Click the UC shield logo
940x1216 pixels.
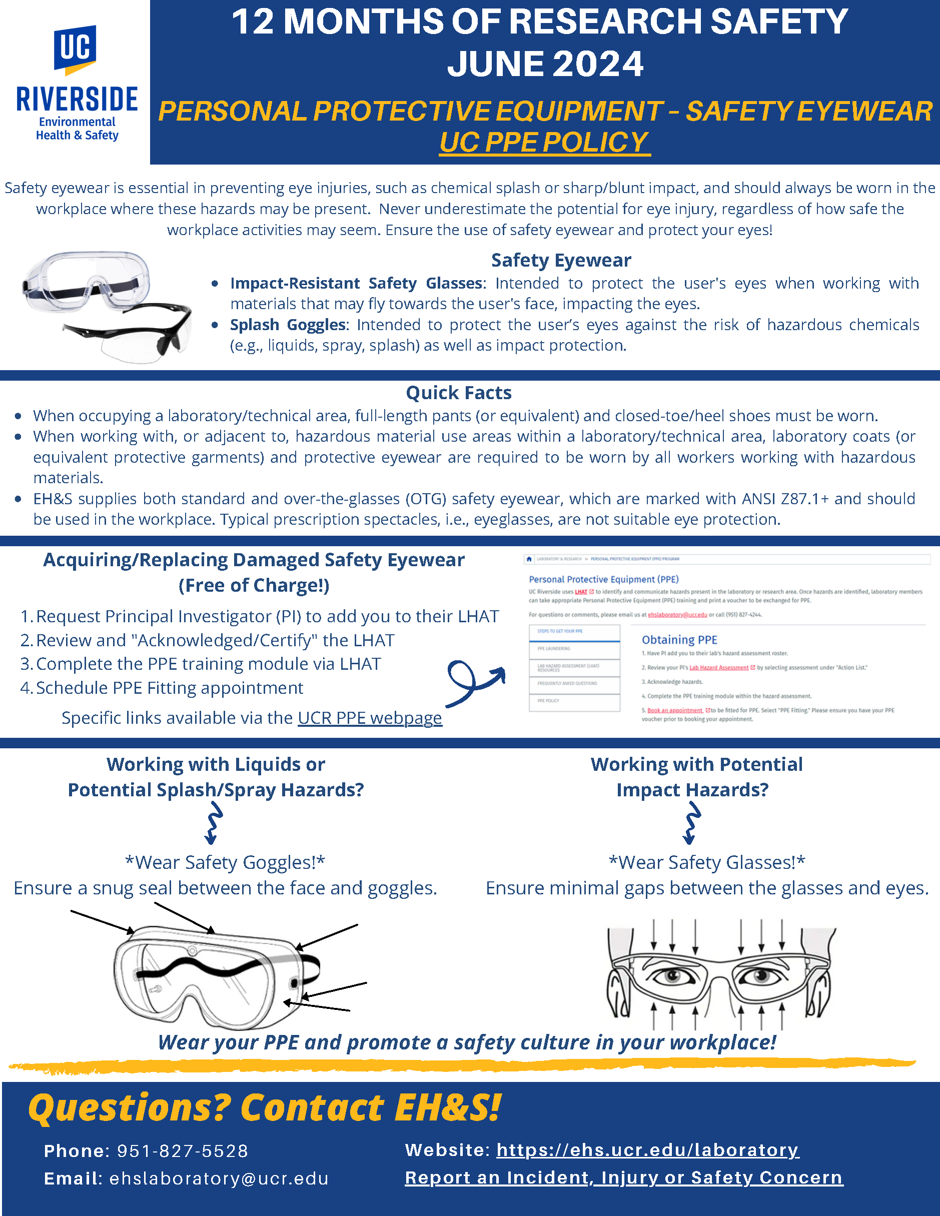(75, 50)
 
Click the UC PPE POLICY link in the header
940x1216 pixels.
(544, 143)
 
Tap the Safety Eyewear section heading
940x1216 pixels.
(561, 260)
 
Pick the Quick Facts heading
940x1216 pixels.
(458, 393)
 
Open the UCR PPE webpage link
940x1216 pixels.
(370, 718)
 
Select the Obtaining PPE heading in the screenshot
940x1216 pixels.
(679, 640)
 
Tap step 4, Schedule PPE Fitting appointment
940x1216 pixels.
(169, 688)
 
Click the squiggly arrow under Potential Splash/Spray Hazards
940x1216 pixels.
(213, 823)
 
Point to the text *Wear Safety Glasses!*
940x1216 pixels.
(707, 862)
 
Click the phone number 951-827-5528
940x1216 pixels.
(183, 1151)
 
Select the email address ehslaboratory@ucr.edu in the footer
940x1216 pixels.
(219, 1178)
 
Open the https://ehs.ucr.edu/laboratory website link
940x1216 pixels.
(648, 1150)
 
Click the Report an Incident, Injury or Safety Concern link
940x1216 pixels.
(624, 1177)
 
